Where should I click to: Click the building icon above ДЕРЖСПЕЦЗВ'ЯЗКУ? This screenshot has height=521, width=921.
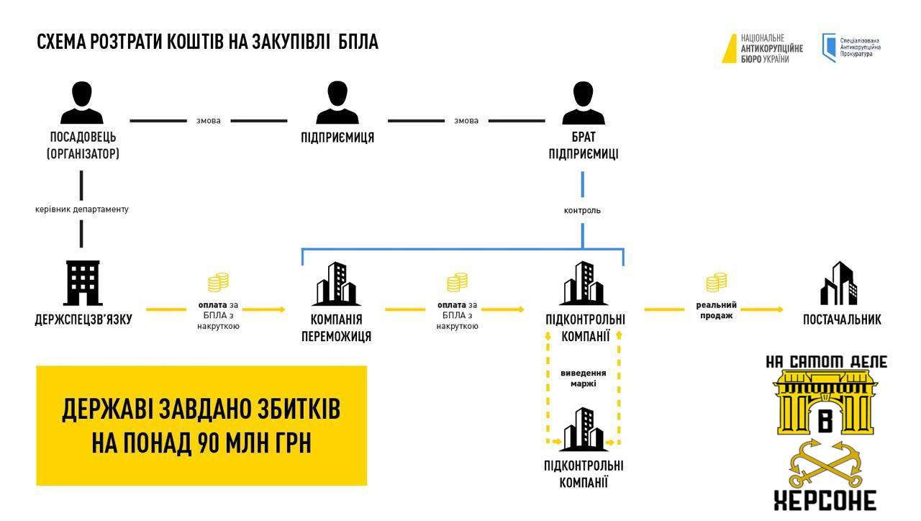[x=83, y=284]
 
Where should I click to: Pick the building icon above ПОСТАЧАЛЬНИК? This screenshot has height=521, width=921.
[x=840, y=284]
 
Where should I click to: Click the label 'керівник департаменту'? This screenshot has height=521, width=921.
[x=81, y=209]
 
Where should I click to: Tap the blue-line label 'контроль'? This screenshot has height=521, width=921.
[x=582, y=211]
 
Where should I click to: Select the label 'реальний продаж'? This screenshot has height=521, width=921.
[x=716, y=310]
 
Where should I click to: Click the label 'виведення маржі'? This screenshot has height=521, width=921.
[x=583, y=378]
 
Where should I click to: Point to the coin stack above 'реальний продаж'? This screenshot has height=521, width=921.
[x=716, y=282]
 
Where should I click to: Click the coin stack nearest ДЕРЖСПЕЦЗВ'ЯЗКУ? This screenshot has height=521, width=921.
[x=218, y=282]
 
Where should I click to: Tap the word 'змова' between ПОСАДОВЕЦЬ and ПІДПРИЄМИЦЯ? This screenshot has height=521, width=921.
[x=209, y=121]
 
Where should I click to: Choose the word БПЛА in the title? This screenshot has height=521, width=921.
[x=356, y=42]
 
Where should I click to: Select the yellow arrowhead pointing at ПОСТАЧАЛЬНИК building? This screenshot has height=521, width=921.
[x=779, y=309]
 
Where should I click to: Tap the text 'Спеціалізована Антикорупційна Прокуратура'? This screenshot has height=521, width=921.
[x=860, y=47]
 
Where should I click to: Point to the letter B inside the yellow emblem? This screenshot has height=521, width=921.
[x=825, y=418]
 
